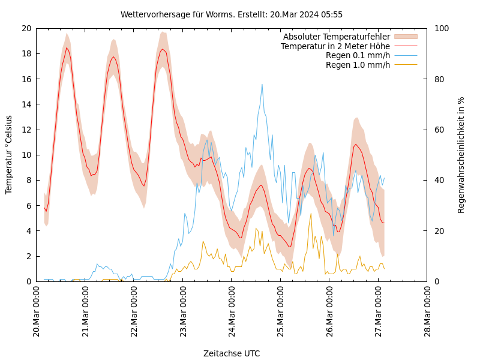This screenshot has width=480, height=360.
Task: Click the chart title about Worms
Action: [x=232, y=14]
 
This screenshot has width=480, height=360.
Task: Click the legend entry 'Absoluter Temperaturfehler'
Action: [x=337, y=37]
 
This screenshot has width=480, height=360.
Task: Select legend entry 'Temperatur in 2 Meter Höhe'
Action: [x=335, y=46]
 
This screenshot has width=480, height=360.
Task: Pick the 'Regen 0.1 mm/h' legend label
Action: [x=358, y=55]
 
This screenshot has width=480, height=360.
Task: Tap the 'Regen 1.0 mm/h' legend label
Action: [x=358, y=64]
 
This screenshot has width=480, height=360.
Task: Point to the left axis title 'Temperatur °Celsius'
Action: [x=9, y=154]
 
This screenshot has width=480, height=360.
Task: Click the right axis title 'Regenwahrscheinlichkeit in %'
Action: [x=461, y=154]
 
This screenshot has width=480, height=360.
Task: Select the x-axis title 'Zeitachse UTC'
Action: [x=232, y=353]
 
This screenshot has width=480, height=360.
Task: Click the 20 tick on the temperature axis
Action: [x=26, y=28]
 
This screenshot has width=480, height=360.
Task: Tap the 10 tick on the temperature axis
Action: [x=26, y=155]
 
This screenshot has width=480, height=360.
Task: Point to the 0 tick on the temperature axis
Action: [x=29, y=281]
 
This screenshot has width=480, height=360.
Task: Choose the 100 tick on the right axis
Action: [x=441, y=28]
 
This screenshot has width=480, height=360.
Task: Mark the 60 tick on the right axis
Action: [x=439, y=130]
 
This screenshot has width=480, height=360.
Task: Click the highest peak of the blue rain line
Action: [x=262, y=84]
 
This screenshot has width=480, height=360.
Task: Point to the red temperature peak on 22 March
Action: [x=163, y=49]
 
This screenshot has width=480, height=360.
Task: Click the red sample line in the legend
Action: [x=406, y=46]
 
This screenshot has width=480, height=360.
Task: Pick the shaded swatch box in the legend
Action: [x=406, y=37]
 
